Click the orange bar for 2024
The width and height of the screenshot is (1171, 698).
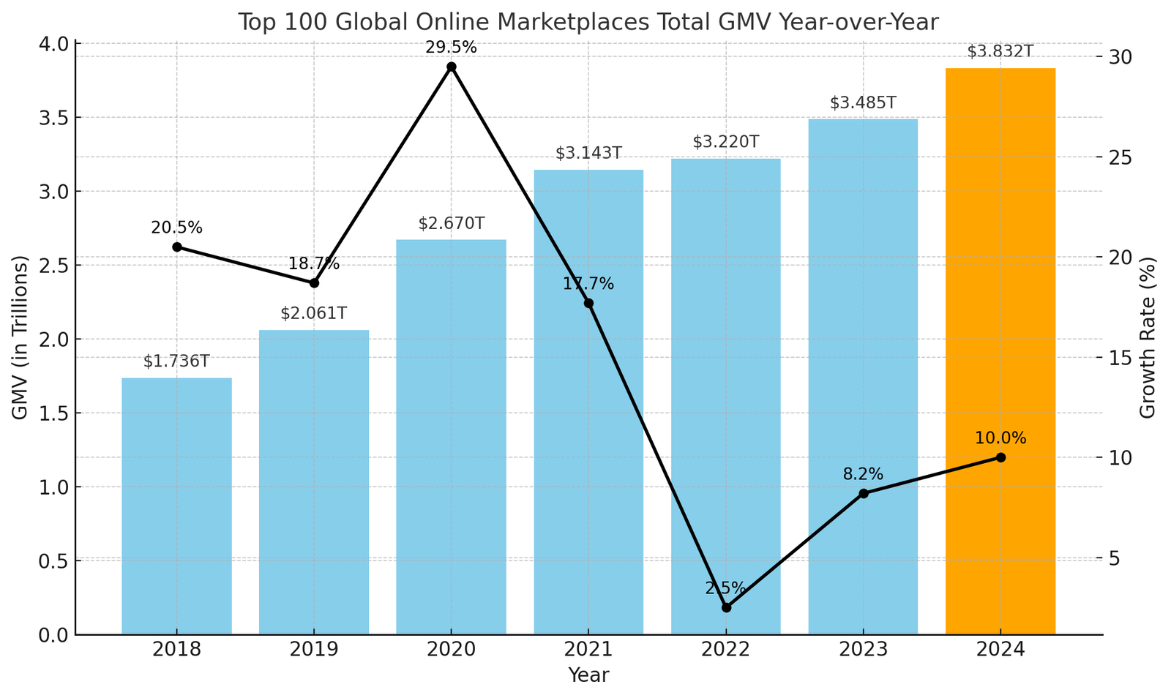point(1000,351)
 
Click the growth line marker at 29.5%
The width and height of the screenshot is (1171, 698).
point(452,67)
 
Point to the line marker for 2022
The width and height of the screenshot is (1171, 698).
point(726,607)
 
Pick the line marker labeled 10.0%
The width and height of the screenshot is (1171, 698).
point(1000,457)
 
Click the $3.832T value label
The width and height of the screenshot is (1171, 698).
point(1000,52)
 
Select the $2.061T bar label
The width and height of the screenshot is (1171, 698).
point(313,314)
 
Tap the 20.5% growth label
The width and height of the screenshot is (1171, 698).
point(176,228)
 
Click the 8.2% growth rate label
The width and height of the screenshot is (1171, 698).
point(863,474)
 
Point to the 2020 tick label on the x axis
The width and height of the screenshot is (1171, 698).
point(452,650)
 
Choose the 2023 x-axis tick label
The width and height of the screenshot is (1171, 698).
point(863,650)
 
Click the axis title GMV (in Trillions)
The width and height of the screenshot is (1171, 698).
point(20,337)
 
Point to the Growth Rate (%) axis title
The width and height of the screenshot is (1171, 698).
point(1148,337)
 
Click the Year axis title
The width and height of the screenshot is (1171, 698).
point(588,675)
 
